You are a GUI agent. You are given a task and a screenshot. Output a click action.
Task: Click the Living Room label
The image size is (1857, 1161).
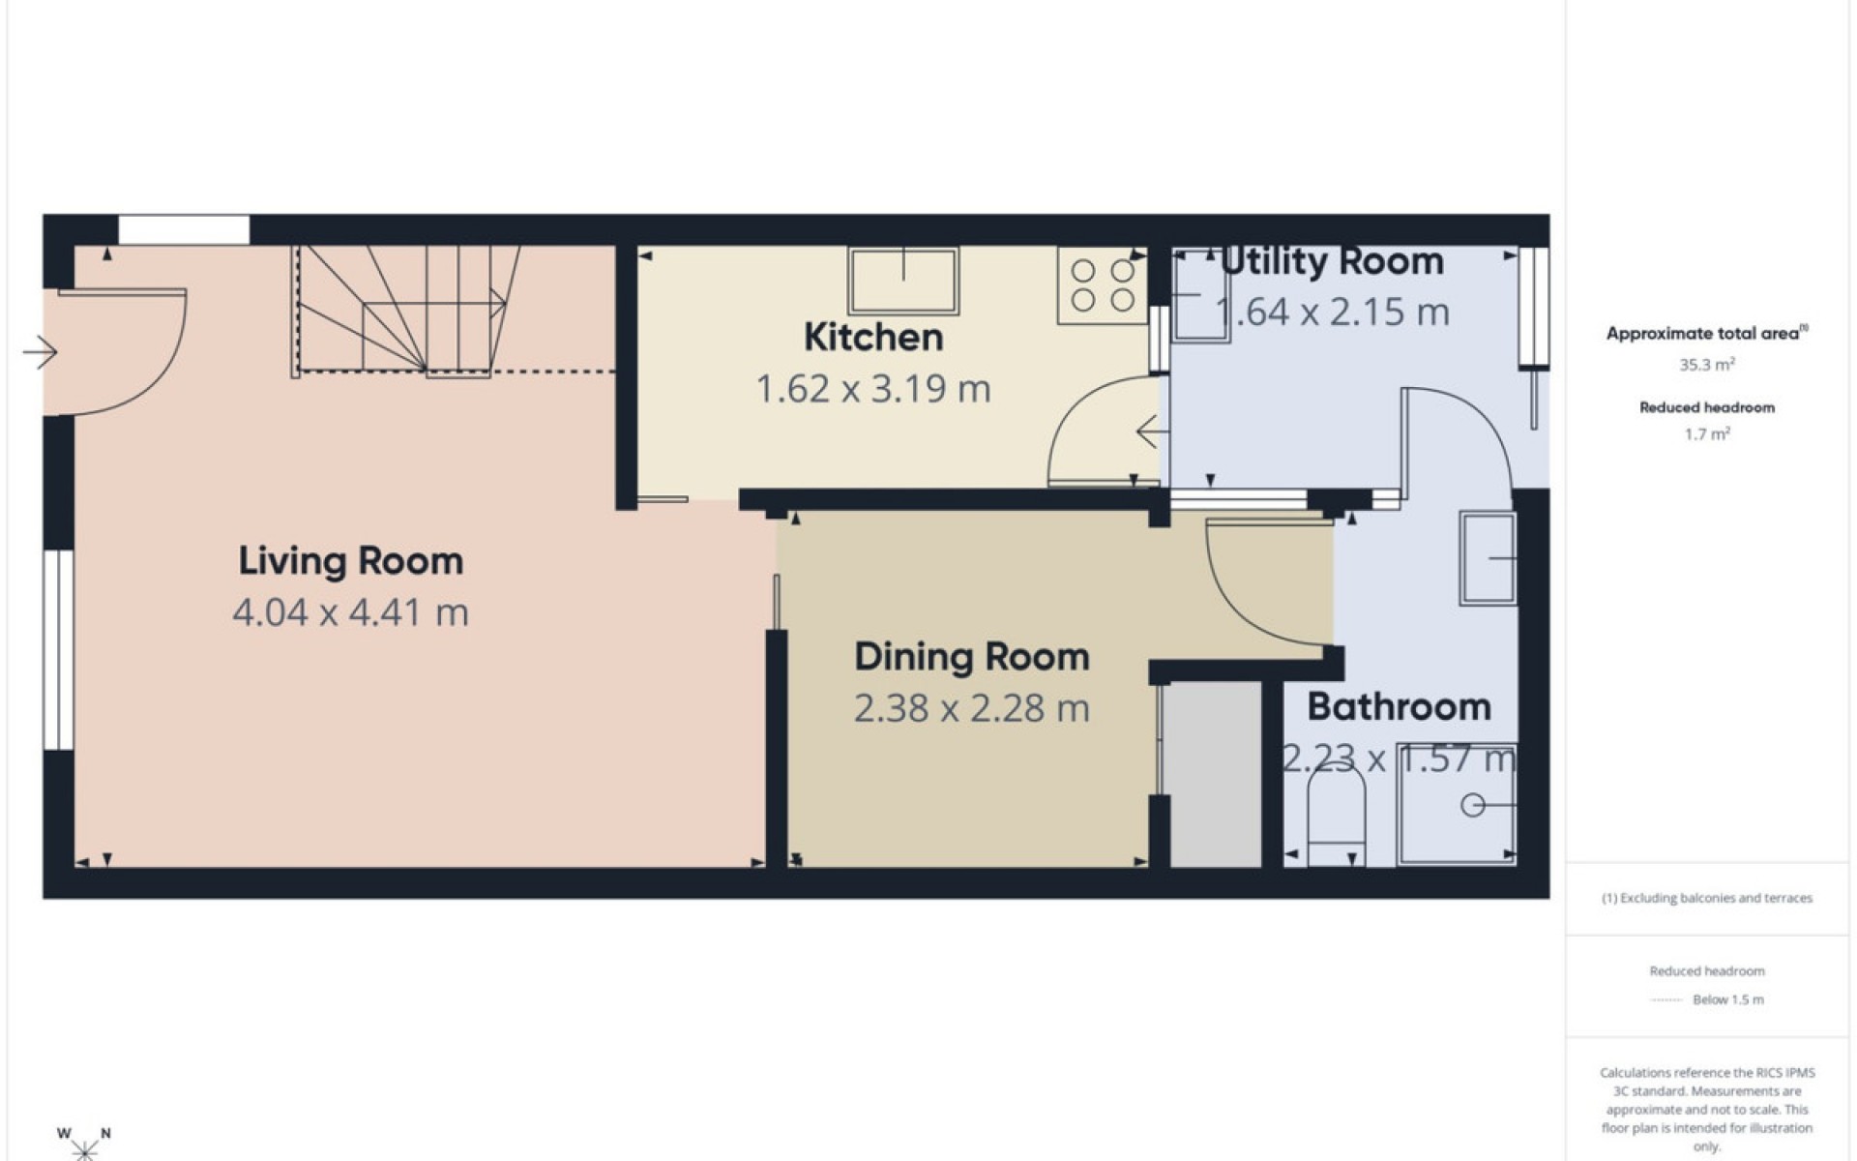click(351, 561)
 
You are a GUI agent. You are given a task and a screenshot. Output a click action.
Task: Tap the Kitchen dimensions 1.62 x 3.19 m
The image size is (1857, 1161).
click(873, 389)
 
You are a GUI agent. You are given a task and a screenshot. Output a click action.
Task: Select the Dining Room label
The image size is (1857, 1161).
click(972, 657)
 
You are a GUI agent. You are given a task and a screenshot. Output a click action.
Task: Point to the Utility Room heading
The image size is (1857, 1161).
click(1332, 261)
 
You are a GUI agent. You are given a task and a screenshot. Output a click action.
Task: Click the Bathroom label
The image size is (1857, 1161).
click(1399, 707)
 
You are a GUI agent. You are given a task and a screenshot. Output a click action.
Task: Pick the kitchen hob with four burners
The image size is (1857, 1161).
click(1102, 285)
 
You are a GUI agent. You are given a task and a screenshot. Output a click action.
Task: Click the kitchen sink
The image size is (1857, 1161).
click(903, 281)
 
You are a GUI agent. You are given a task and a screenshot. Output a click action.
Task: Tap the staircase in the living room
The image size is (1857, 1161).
click(406, 310)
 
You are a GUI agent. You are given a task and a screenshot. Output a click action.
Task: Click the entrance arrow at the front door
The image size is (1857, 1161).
click(40, 352)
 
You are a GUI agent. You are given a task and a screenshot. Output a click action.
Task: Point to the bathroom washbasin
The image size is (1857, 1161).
click(1488, 558)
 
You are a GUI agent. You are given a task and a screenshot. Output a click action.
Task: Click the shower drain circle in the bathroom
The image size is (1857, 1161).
click(1472, 805)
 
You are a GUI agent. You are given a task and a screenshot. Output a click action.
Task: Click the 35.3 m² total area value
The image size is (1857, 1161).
click(1707, 365)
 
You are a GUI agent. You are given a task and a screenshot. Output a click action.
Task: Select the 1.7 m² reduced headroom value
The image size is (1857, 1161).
click(1707, 434)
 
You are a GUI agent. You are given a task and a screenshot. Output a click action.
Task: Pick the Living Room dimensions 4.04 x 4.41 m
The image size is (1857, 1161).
click(350, 612)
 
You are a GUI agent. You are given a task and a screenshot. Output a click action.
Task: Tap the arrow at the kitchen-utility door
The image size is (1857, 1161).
click(1148, 432)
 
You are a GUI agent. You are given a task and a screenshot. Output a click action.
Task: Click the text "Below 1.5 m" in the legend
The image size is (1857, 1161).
click(1728, 999)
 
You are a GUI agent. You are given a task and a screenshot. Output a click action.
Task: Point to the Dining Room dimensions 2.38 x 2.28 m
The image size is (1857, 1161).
click(972, 708)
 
